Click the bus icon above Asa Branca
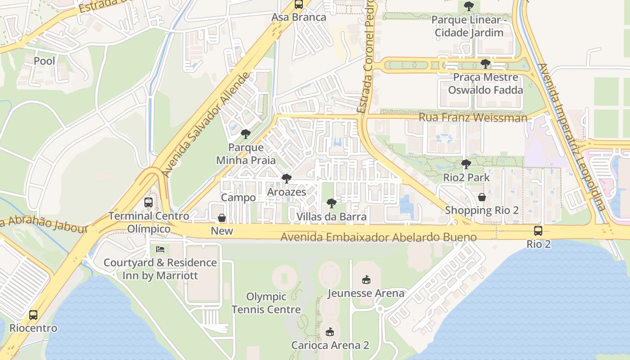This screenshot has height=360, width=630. (298, 4)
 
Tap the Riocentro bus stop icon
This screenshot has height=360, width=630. (33, 315)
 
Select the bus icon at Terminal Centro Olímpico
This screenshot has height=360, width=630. (148, 202)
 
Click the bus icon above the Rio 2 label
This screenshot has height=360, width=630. (538, 231)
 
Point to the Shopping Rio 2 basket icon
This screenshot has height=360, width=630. (482, 197)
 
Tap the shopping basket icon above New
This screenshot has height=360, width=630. (222, 218)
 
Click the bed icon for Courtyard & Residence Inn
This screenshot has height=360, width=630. (160, 249)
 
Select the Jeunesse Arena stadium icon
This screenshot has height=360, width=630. (366, 280)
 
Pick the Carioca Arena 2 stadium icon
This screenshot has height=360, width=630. (330, 332)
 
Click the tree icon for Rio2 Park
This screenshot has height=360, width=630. (466, 164)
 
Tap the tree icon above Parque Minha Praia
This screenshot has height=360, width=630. (246, 134)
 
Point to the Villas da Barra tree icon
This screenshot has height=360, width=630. (331, 203)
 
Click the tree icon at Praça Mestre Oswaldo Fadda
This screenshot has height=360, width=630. (485, 64)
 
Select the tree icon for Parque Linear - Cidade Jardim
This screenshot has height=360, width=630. (468, 6)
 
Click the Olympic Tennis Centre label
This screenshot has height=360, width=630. (266, 303)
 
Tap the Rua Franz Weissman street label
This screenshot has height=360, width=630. (473, 118)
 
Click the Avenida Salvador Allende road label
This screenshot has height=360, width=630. (205, 125)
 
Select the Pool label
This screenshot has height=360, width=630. (45, 61)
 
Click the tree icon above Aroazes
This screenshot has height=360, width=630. (286, 179)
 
